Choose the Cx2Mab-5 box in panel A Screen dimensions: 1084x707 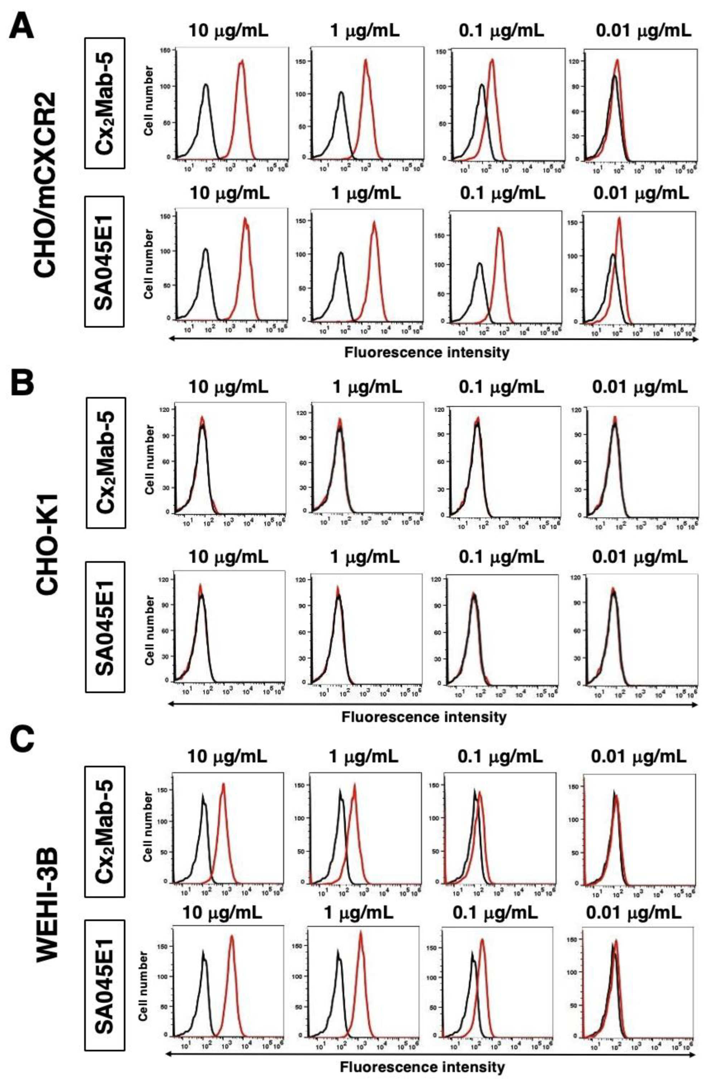coord(105,103)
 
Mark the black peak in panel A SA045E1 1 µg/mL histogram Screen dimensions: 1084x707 coord(340,253)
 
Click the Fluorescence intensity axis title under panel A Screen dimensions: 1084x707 coord(426,352)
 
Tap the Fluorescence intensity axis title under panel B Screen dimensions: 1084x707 coord(424,717)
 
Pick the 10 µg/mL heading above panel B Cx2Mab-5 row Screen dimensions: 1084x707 coord(228,387)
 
